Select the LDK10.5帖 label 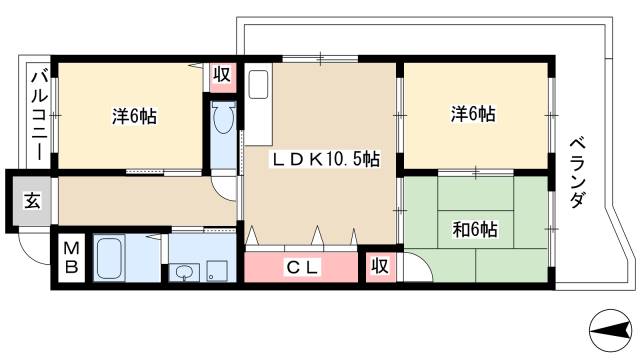pos(323,158)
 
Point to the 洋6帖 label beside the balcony pos(132,116)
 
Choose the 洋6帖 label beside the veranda pos(471,115)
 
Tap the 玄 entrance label pos(31,200)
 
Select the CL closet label pos(301,267)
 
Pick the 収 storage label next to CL pos(379,267)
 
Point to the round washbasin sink pos(183,270)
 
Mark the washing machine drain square pos(214,269)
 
